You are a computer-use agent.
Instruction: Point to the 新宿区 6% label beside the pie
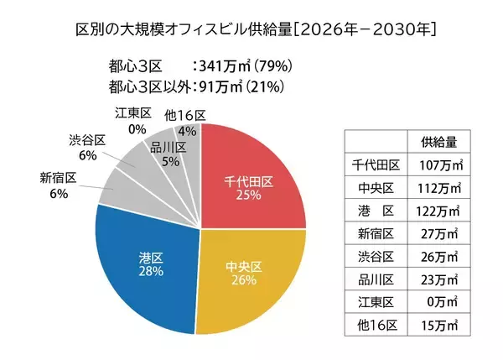(58, 185)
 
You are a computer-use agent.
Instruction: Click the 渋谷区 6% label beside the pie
(87, 149)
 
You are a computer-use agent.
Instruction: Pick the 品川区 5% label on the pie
(169, 155)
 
